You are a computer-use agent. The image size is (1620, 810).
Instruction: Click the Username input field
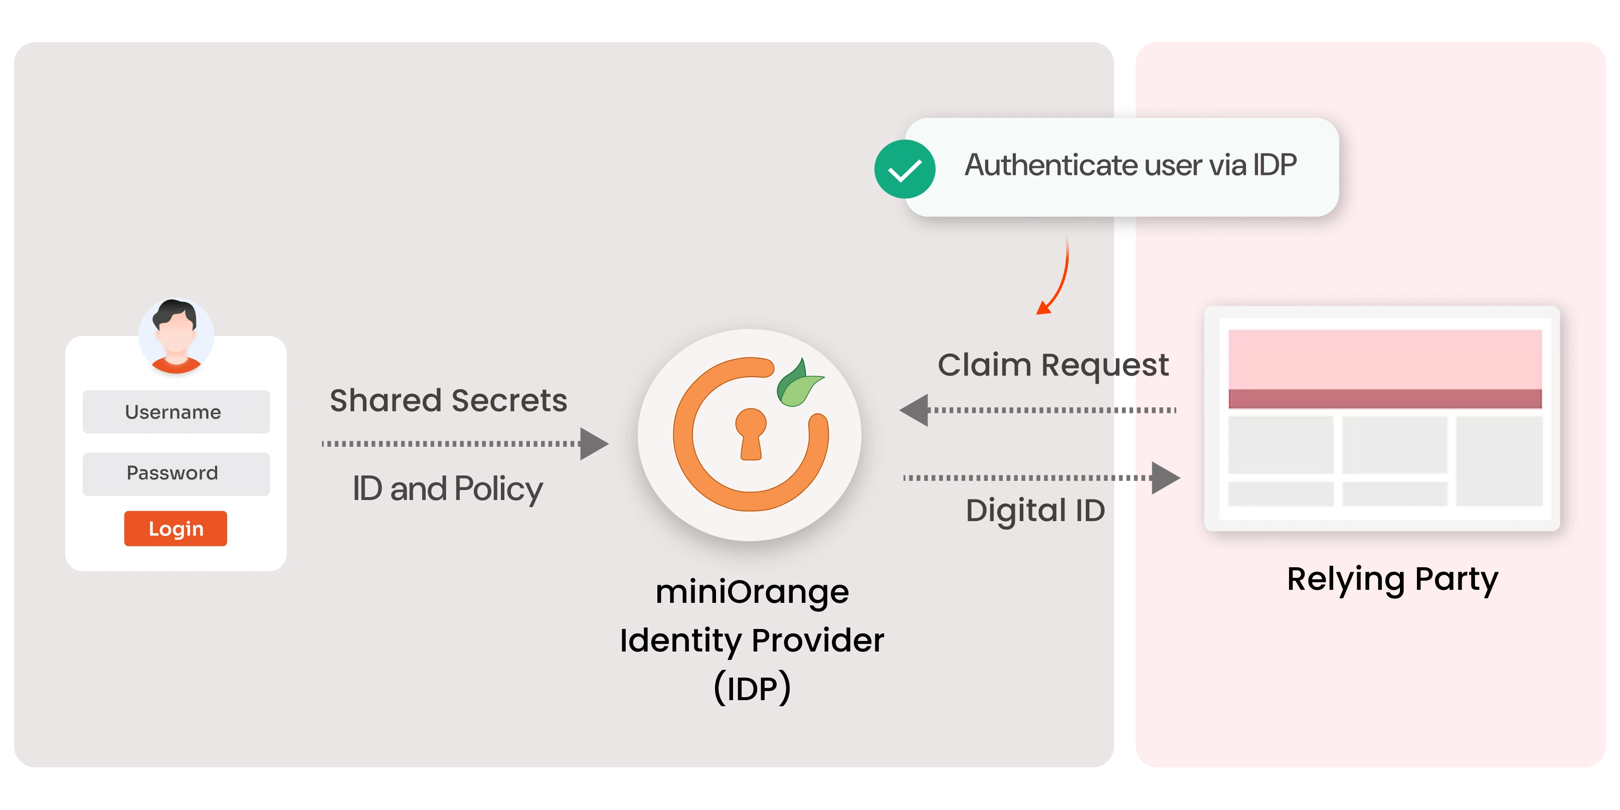[x=176, y=412]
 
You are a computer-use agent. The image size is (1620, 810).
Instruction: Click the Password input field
[x=176, y=473]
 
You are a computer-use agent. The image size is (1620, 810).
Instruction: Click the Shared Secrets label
[x=448, y=401]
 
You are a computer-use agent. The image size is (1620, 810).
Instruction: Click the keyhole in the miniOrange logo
[x=751, y=433]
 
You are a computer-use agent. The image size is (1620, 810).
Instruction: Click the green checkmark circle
[x=905, y=169]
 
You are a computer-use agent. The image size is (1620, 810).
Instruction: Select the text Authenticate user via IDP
[x=1131, y=166]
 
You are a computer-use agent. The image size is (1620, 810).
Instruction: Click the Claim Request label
[x=1053, y=365]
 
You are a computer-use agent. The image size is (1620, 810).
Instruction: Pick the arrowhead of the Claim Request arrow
[x=915, y=410]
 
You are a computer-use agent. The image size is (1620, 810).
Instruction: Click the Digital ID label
[x=1035, y=510]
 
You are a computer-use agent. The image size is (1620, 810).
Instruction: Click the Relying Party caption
[x=1392, y=579]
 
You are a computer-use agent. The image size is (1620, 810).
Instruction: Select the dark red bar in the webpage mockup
[x=1385, y=398]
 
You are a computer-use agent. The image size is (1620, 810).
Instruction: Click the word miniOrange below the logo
[x=752, y=592]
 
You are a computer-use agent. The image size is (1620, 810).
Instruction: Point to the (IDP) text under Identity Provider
[x=752, y=688]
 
